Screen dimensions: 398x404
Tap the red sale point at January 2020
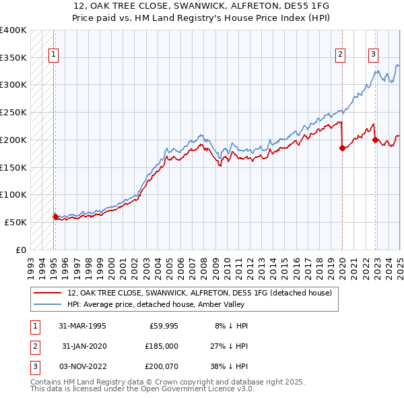click(x=342, y=148)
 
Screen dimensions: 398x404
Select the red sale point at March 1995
click(x=55, y=217)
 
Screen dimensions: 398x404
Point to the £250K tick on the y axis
click(x=14, y=112)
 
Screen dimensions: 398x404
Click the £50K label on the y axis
click(x=16, y=222)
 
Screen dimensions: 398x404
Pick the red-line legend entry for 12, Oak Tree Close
click(x=199, y=293)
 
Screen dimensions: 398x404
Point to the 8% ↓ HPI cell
click(x=231, y=326)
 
